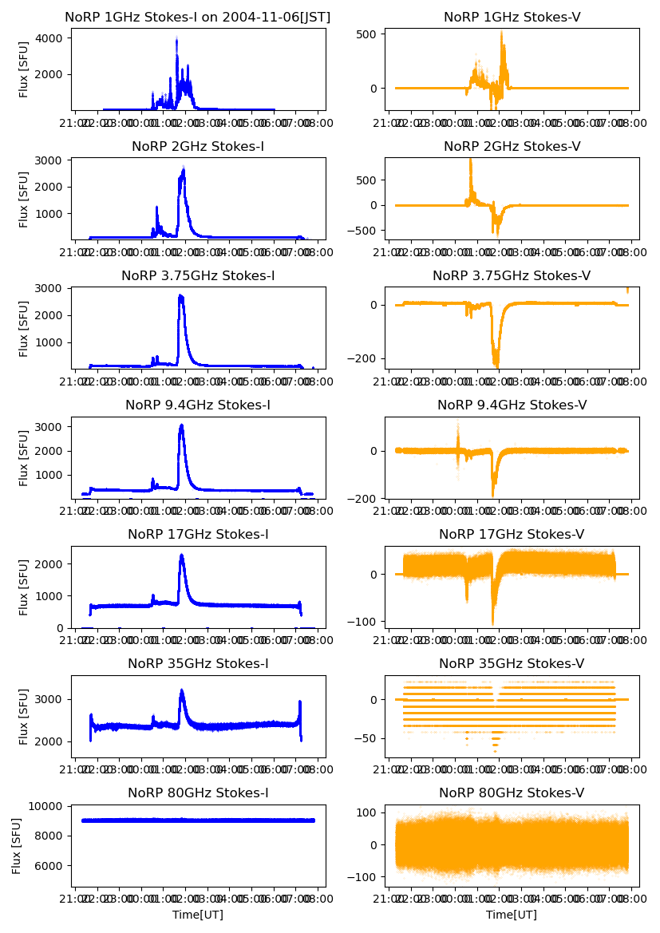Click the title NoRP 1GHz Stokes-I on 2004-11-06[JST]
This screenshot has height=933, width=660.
tap(198, 17)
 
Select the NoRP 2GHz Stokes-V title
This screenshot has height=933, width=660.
tap(512, 146)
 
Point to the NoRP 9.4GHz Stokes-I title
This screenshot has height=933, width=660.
tap(198, 405)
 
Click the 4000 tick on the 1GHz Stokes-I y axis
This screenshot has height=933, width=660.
tap(52, 38)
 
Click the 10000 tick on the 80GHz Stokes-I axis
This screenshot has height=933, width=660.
tap(49, 806)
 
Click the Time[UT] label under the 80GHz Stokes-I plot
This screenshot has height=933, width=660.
tap(198, 915)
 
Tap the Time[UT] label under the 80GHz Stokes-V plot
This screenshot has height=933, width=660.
tap(512, 915)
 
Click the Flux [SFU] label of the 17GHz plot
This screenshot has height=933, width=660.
tap(24, 587)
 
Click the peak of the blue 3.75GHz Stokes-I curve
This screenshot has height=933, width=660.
tap(180, 296)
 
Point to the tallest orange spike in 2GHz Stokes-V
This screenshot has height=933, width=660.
tap(470, 160)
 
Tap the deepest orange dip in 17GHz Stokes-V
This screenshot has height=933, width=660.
tap(492, 623)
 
